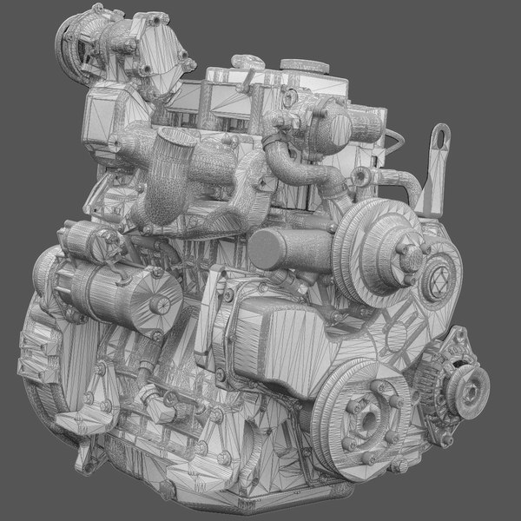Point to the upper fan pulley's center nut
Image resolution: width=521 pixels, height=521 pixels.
[406, 252]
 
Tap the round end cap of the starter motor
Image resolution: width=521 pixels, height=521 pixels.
[158, 304]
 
